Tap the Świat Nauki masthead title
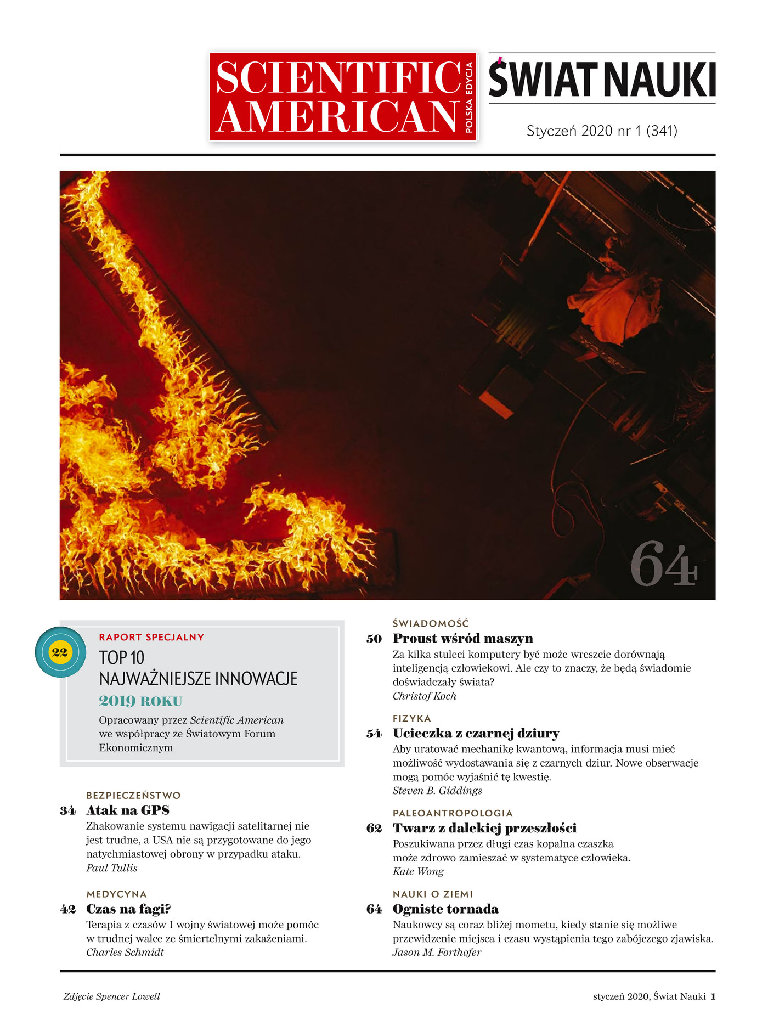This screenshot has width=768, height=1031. tap(602, 80)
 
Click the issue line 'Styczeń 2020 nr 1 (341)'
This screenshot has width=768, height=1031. tap(602, 131)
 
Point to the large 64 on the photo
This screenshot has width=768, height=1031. tap(664, 564)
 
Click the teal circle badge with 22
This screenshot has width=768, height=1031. tap(60, 652)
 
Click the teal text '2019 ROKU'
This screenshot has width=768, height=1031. tap(140, 701)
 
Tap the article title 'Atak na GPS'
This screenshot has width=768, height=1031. tap(128, 810)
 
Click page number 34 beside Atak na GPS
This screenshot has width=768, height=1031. tap(68, 810)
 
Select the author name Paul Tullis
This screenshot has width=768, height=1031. tap(112, 867)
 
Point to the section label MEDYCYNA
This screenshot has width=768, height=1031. tap(116, 894)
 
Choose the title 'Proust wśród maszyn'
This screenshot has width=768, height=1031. tap(462, 638)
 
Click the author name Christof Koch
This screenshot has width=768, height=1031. tap(424, 696)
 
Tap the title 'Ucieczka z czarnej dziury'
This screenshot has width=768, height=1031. tap(476, 733)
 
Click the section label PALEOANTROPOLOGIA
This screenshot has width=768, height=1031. tap(453, 813)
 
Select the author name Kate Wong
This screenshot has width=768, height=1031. tap(418, 871)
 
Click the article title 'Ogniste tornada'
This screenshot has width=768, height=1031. tap(445, 909)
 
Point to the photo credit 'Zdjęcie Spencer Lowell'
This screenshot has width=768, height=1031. tap(112, 996)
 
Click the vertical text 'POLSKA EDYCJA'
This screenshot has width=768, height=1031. tap(469, 97)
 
